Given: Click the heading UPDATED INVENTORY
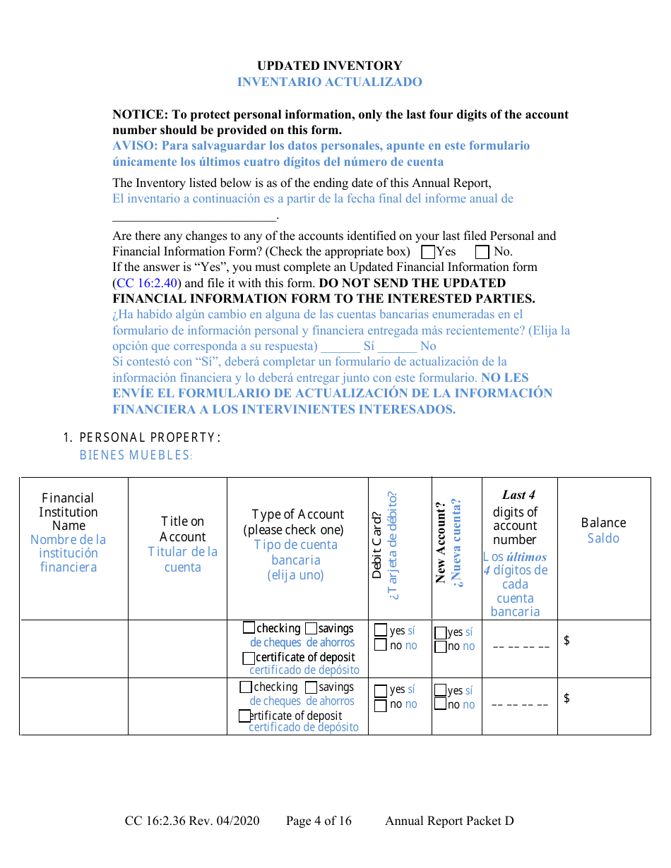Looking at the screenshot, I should tap(329, 66).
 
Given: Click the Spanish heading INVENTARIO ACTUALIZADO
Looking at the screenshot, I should tap(329, 82).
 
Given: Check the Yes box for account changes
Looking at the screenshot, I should tap(428, 252).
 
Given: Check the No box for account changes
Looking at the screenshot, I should tap(482, 252).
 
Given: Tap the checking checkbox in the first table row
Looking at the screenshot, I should tap(249, 627).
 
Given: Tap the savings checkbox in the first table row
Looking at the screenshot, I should tap(311, 628).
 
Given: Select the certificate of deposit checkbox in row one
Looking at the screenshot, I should tap(249, 658).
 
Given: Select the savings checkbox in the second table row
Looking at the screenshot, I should tap(311, 687).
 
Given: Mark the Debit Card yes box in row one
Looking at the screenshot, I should tap(381, 630).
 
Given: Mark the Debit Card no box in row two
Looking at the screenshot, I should tap(381, 704).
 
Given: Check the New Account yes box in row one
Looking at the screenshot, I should tap(440, 632).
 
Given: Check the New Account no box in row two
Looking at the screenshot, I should tap(440, 704).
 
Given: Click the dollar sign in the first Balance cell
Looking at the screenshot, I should tap(566, 640).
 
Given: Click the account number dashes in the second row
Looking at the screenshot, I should tap(520, 704).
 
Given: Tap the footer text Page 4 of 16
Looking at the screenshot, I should tap(319, 821).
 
